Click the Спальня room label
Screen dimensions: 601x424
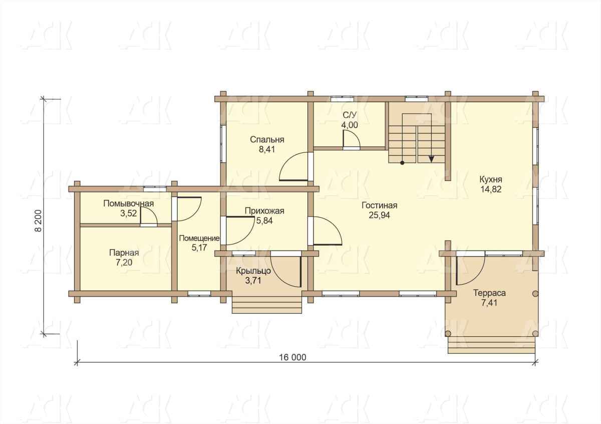pos(267,140)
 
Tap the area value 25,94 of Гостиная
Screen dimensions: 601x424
pos(380,216)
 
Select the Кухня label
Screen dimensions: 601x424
pos(491,179)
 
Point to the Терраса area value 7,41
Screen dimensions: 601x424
pos(489,303)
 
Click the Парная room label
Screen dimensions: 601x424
pos(124,253)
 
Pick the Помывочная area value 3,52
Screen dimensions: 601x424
pos(129,214)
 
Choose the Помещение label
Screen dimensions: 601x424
pos(199,238)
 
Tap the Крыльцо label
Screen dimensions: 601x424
pos(253,271)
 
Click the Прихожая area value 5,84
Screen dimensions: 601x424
pos(264,221)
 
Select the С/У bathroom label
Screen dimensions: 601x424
pos(350,115)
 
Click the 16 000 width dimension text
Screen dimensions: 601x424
pos(292,357)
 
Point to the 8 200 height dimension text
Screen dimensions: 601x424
pos(39,221)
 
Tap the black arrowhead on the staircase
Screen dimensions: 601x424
pos(431,159)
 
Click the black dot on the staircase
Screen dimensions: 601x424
pos(402,163)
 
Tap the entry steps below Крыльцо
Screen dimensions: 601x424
pos(266,305)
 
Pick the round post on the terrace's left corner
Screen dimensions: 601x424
pos(448,334)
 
